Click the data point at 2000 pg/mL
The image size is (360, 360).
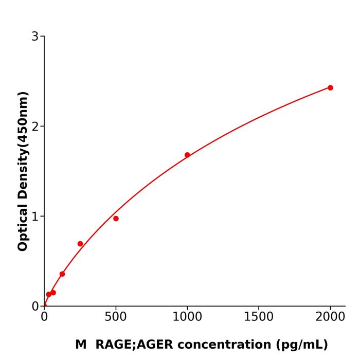coord(330,88)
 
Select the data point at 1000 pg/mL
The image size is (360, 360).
coord(187,155)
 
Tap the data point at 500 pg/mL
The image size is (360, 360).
coord(116,219)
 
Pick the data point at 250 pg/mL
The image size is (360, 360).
coord(80,244)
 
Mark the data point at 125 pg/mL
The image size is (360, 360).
coord(62,274)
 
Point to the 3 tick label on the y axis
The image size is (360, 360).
coord(35,37)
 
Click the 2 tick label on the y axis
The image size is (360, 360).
coord(35,127)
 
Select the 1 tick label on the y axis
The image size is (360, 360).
coord(35,217)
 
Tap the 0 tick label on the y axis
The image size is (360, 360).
coord(35,307)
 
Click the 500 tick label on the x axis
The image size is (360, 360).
coord(116,317)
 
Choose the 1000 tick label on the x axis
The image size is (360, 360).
coord(187,317)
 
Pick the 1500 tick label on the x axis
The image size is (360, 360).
coord(259,317)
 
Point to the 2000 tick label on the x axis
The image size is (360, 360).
coord(330,317)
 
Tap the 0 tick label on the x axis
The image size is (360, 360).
coord(44,317)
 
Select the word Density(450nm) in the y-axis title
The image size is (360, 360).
coord(23,146)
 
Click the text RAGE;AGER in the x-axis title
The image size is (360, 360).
coord(132,345)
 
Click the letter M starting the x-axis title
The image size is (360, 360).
coord(81,345)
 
